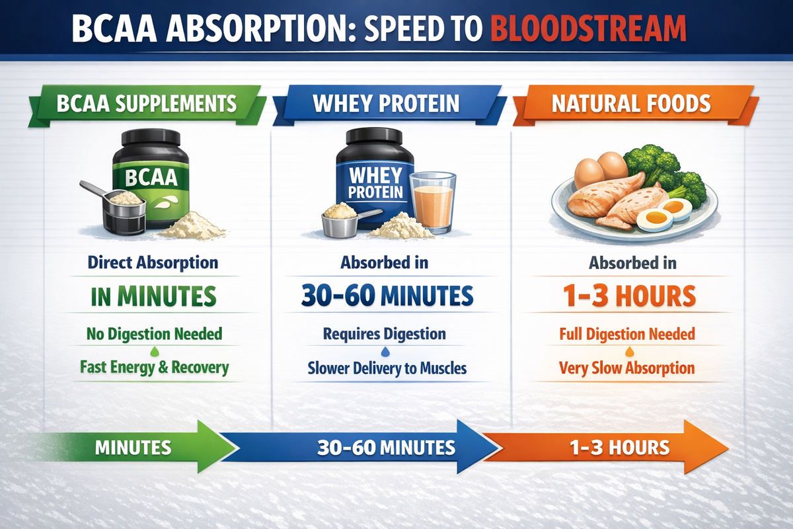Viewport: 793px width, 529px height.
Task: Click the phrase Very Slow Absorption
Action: pos(626,368)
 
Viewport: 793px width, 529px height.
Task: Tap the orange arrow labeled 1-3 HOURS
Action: pos(615,448)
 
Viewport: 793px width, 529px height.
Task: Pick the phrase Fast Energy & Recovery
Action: pos(154,366)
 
